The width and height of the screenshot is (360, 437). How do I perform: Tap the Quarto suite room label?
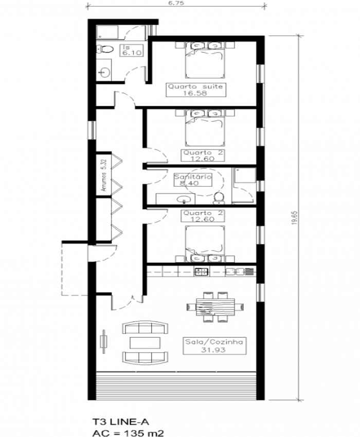[x=195, y=90]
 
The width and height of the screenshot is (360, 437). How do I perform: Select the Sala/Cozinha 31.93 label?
[x=214, y=346]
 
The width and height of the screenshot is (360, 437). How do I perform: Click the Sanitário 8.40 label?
[x=192, y=180]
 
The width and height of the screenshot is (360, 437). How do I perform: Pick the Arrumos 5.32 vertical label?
[x=104, y=175]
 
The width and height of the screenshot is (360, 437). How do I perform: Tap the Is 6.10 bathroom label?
[x=132, y=50]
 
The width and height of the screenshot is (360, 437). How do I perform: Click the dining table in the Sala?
[x=215, y=306]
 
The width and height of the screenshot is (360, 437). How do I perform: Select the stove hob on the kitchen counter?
[x=202, y=271]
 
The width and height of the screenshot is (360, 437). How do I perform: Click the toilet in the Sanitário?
[x=219, y=197]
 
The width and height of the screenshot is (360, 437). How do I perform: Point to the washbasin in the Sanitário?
[x=183, y=199]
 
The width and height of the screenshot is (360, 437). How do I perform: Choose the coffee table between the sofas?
[x=145, y=342]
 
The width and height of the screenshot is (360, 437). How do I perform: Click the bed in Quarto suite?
[x=205, y=60]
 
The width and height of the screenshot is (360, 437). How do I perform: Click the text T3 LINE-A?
[x=121, y=422]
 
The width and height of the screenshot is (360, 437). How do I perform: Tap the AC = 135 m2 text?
[x=128, y=433]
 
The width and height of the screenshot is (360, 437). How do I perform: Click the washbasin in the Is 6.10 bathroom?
[x=105, y=72]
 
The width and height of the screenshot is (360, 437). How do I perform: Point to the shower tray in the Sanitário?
[x=245, y=175]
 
